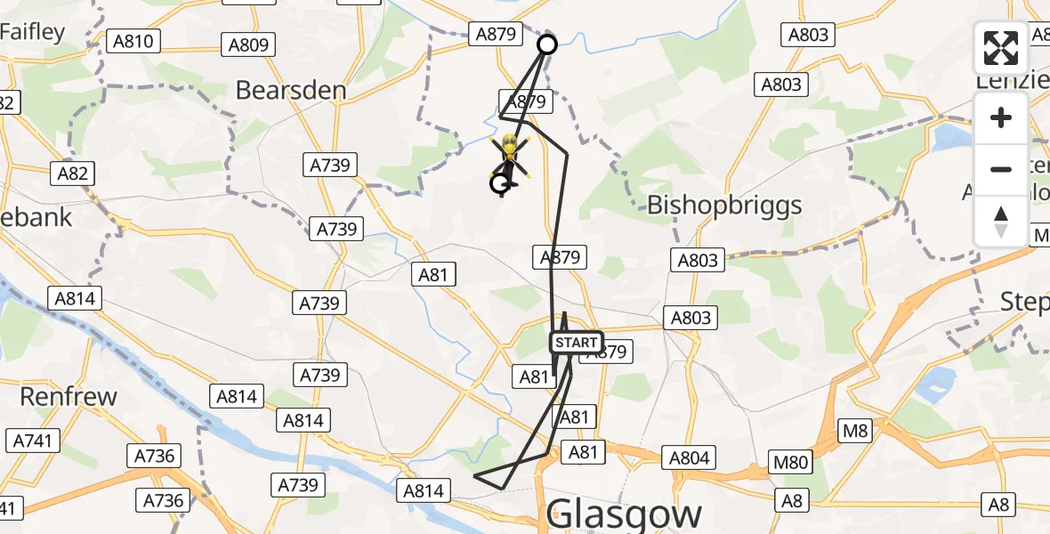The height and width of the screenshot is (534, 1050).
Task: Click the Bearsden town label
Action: [x=290, y=90]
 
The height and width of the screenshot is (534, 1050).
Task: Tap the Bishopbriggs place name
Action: [x=724, y=205]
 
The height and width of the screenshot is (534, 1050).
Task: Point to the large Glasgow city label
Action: [x=624, y=514]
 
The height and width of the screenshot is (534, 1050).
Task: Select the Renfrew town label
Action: [x=69, y=396]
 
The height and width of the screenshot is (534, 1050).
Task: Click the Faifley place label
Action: [x=33, y=33]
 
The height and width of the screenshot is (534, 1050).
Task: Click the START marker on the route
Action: [x=576, y=343]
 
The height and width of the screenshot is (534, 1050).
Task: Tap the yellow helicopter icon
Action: [x=510, y=153]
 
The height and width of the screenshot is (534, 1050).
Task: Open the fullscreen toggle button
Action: [x=1001, y=48]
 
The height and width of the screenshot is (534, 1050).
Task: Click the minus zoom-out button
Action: [x=1001, y=169]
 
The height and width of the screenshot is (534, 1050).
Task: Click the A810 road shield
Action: [x=133, y=41]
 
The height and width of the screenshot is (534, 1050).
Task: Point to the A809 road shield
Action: [x=249, y=44]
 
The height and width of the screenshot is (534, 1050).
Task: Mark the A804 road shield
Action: [x=690, y=457]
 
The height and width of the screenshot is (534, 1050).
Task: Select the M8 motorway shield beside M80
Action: [x=855, y=432]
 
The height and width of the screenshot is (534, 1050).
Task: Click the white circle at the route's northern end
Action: [x=547, y=44]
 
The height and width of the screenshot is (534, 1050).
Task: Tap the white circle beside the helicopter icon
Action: [x=500, y=184]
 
